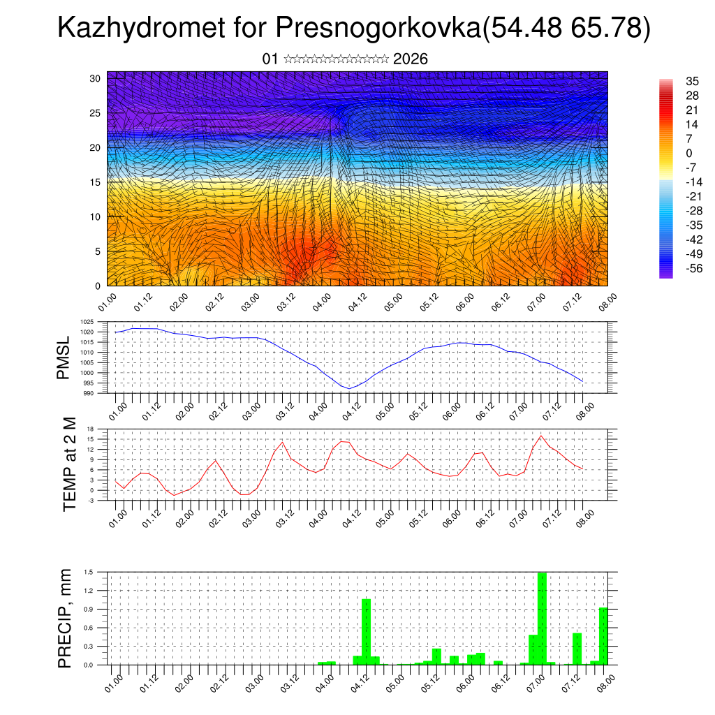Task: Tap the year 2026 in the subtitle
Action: point(411,59)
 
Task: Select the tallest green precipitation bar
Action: point(542,618)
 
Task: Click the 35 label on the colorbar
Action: point(693,82)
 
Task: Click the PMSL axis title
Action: point(64,357)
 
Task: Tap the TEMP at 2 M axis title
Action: point(70,464)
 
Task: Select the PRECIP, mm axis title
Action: point(65,617)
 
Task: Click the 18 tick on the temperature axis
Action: point(90,429)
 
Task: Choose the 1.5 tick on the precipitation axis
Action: point(89,572)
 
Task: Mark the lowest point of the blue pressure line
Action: point(348,388)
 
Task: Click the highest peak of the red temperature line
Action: point(541,436)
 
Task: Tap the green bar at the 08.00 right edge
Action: point(603,635)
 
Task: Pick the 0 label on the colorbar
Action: point(690,153)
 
